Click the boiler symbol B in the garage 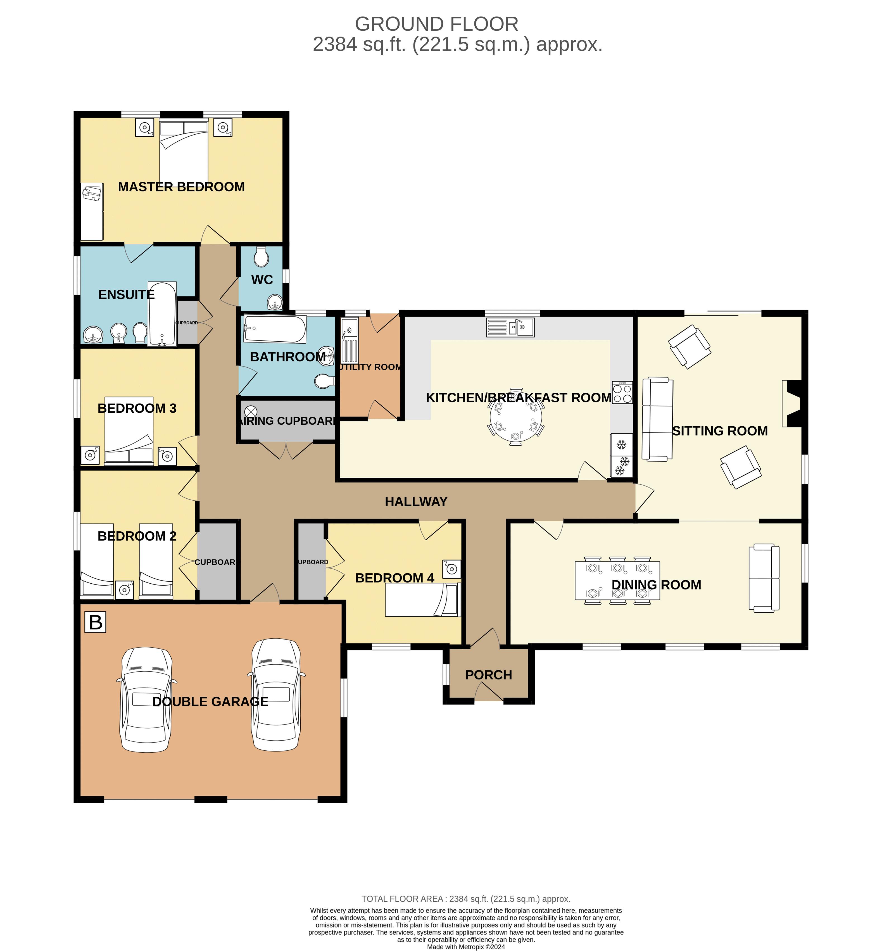pos(96,622)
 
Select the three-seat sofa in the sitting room pos(657,419)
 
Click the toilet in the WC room pos(261,257)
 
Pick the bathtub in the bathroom pos(274,329)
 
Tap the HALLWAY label pos(416,501)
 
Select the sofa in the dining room pos(764,578)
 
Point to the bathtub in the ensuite pos(162,313)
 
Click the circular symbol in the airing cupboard pos(251,411)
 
